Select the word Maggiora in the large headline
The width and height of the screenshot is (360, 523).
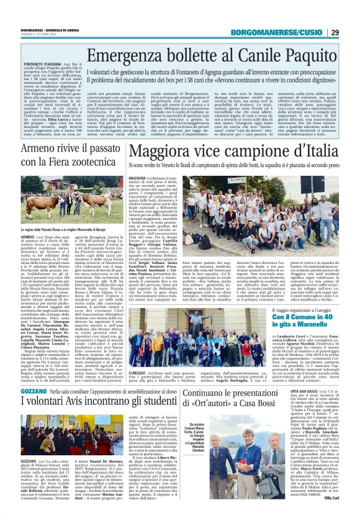coord(178,152)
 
